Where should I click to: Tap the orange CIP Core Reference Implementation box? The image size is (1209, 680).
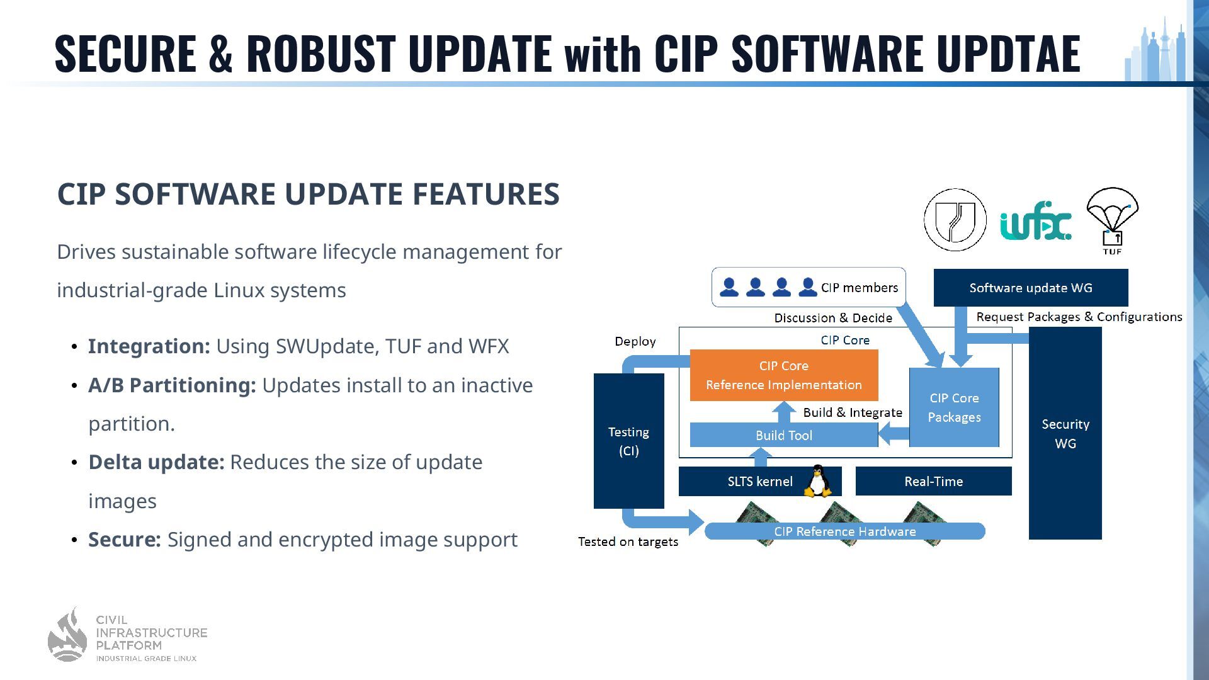(783, 375)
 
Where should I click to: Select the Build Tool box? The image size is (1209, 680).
(783, 435)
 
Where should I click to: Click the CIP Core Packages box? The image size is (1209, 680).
(954, 407)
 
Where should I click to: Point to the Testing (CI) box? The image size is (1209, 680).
(628, 441)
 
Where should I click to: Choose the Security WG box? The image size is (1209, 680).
(1065, 434)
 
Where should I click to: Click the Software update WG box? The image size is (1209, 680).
(1030, 288)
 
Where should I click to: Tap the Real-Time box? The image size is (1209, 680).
(933, 481)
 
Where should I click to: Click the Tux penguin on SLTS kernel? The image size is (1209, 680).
(817, 482)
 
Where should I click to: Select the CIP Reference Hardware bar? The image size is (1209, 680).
(844, 531)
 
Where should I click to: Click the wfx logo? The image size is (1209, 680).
(1035, 221)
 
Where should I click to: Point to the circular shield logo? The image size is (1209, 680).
(955, 220)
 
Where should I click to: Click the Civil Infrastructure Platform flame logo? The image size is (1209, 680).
(67, 635)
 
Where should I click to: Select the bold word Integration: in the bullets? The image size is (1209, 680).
(149, 346)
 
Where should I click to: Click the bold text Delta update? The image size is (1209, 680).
(156, 462)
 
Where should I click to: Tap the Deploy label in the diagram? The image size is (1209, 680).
(635, 341)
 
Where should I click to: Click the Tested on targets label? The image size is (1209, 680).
(628, 541)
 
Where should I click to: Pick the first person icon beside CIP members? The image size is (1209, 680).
(729, 287)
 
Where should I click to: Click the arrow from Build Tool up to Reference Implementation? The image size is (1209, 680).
(784, 412)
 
